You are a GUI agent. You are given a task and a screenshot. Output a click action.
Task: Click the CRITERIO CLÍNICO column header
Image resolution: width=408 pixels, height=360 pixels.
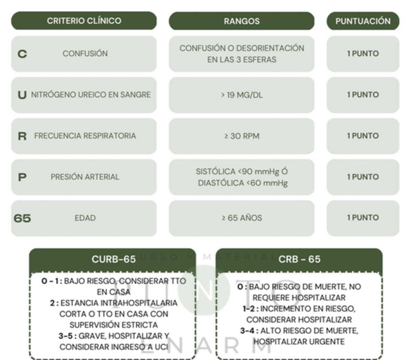[84, 21]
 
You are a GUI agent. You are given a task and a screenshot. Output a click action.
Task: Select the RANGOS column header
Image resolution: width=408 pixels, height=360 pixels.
[242, 21]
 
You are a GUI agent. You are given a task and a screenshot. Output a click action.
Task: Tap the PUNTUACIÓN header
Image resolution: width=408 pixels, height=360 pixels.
[363, 21]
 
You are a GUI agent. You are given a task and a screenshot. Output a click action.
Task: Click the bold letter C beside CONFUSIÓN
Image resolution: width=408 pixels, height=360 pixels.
[22, 54]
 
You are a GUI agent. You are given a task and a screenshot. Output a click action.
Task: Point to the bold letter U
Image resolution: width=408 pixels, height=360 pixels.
[22, 95]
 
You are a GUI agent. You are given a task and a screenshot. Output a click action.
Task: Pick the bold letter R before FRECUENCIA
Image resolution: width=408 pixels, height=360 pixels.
[22, 136]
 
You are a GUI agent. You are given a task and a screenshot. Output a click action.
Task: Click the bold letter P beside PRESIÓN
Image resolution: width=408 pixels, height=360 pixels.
[22, 177]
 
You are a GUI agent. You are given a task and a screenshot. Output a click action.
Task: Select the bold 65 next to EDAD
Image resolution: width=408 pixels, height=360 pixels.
[22, 218]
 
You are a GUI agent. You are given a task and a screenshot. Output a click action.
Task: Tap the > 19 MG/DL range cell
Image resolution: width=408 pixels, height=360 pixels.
[242, 95]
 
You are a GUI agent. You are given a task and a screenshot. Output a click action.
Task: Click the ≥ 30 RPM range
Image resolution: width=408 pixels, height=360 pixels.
[242, 136]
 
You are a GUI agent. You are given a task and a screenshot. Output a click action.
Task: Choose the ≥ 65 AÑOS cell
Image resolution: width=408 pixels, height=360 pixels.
[242, 218]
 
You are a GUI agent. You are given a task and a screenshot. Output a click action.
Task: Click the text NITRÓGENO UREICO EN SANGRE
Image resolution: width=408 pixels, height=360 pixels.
[91, 95]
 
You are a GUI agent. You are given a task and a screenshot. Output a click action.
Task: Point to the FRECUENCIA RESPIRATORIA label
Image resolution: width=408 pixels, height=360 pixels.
[85, 136]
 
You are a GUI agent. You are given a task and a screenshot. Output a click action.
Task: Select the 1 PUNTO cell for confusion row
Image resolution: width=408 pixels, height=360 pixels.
[363, 54]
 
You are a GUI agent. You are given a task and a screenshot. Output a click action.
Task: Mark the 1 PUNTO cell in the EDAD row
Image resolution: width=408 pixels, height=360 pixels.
[363, 218]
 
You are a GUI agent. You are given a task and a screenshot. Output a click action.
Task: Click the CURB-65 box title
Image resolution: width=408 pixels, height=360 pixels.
[113, 259]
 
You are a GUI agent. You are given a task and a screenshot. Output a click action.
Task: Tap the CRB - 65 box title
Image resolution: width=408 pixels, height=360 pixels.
[299, 259]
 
